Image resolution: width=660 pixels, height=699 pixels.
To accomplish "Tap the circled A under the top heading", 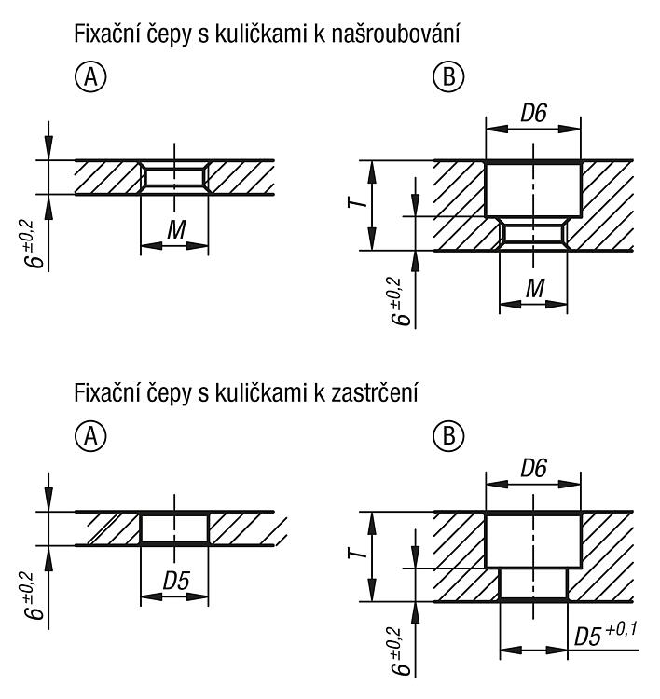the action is point(90,76).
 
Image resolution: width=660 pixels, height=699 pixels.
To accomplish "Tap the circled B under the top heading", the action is point(448,76).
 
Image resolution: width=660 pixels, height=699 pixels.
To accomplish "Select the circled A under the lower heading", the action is point(90,435).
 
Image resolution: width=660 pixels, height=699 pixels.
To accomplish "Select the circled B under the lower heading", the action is point(448,435).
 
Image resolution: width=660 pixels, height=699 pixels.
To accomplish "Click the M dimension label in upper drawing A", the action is point(176,230).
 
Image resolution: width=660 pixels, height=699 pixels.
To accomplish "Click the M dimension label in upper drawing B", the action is point(535,288).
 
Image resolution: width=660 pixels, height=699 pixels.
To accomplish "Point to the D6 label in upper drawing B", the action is point(533,113).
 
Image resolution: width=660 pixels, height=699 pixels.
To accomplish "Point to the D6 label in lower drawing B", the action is point(533,468).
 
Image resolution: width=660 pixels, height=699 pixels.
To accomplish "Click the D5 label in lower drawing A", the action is point(176,581).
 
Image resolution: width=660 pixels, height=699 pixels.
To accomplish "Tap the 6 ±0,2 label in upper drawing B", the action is point(400,301).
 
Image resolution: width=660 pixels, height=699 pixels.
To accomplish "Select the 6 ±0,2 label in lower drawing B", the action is point(400,651).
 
